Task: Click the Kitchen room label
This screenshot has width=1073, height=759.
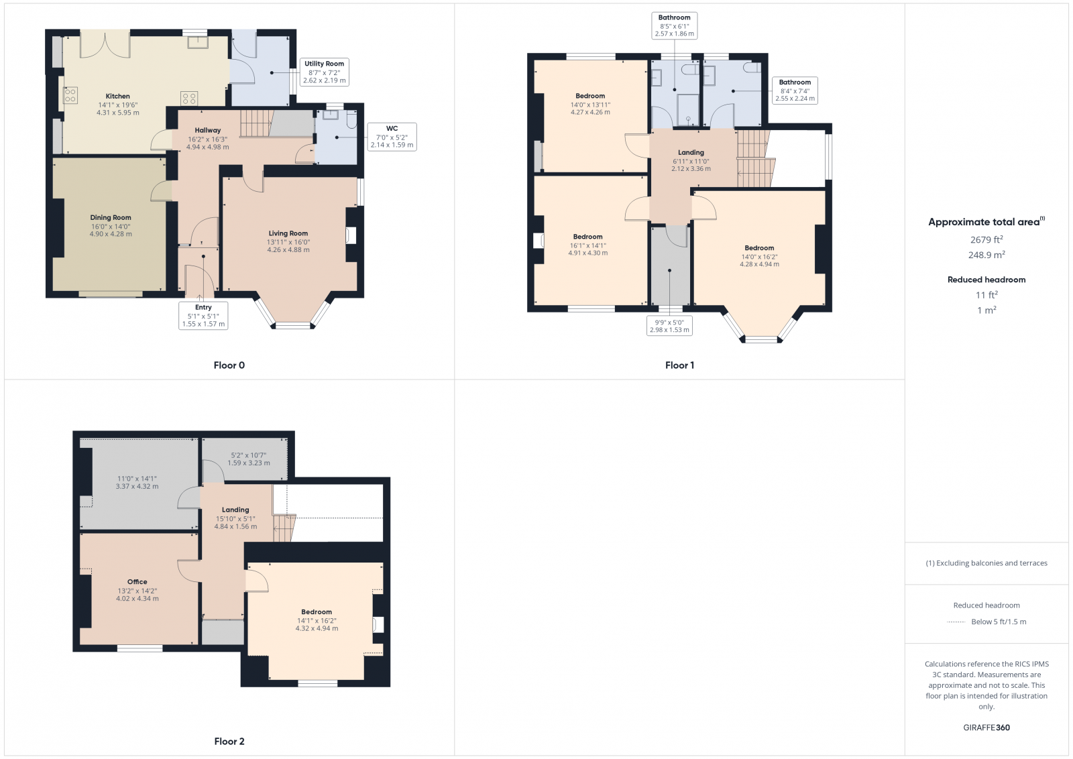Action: tap(117, 97)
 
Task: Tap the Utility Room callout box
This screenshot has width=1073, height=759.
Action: tap(324, 72)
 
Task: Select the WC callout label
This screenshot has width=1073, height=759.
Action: tap(392, 136)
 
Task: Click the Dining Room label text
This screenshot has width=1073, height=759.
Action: tap(111, 218)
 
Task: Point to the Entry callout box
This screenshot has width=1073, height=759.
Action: tap(203, 315)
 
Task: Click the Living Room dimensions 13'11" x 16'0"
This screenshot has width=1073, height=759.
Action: tap(288, 242)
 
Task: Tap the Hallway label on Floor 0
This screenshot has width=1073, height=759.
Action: tap(208, 131)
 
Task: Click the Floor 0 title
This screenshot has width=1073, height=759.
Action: tap(229, 365)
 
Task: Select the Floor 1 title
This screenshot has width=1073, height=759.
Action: tap(679, 365)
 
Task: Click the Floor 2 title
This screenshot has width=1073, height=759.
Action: tap(229, 742)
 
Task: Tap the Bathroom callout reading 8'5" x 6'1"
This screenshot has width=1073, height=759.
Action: tap(674, 25)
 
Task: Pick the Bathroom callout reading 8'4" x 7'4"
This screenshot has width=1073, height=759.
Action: tap(795, 90)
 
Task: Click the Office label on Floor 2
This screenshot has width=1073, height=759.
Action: tap(137, 582)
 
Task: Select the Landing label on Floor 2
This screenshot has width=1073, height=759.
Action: tap(235, 510)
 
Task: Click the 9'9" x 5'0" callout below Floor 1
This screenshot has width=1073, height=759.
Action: tap(669, 326)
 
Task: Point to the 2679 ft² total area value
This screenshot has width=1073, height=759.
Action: tap(986, 239)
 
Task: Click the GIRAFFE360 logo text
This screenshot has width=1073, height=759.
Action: tap(986, 727)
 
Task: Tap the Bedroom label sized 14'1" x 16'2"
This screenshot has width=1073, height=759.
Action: tap(317, 612)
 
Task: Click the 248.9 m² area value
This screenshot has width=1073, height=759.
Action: tap(986, 255)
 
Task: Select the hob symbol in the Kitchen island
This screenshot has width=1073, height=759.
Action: tap(189, 99)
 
